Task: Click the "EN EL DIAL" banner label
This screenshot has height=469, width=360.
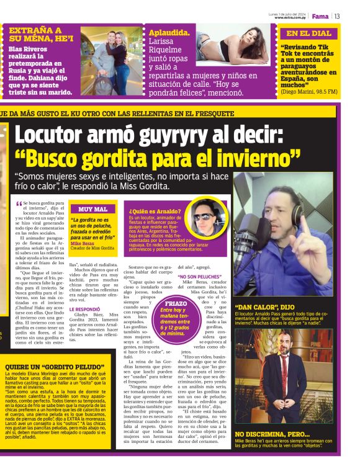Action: (x=309, y=33)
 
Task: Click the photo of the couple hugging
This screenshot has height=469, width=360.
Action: (x=110, y=59)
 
